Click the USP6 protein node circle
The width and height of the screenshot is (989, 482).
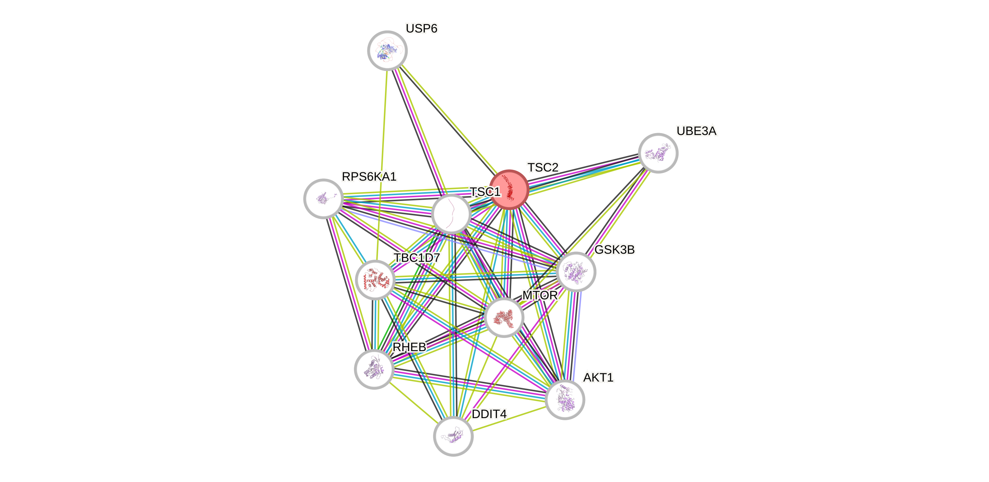pos(387,51)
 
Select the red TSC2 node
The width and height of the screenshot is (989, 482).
pos(509,190)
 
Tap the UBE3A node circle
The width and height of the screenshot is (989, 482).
pos(658,153)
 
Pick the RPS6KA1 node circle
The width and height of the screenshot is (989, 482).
pos(323,199)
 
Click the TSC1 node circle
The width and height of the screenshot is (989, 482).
pos(451,214)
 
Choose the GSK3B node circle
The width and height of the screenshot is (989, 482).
pos(576,272)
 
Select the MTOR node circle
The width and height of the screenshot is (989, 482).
pos(504,318)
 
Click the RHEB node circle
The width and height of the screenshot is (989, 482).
pos(374,369)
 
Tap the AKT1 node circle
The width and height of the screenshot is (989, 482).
pos(565,399)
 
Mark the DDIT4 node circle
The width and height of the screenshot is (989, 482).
pos(453,436)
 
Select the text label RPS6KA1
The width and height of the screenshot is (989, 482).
pos(369,177)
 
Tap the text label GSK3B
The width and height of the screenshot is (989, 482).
pos(614,250)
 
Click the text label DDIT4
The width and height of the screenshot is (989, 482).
pos(489,414)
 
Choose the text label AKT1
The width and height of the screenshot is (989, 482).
pos(598,378)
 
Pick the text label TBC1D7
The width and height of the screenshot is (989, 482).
pos(417,258)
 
